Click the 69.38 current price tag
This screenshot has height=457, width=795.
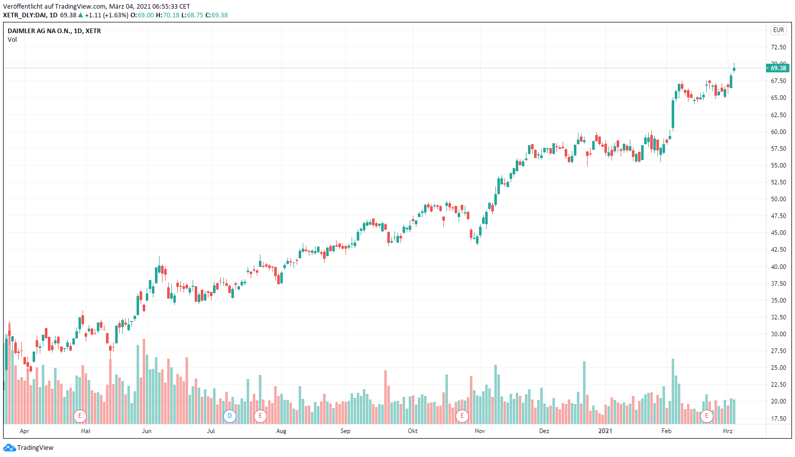[778, 68]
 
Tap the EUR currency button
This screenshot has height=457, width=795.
[778, 30]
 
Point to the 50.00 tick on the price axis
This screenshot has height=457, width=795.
[778, 199]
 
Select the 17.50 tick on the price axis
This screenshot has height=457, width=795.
[778, 419]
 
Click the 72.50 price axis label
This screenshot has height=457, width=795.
[778, 47]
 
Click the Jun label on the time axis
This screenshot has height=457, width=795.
[147, 431]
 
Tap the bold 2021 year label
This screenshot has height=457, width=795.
[605, 431]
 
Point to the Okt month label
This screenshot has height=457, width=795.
[413, 431]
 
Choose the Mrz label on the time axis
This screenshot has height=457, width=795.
[728, 431]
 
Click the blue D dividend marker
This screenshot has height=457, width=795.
[230, 416]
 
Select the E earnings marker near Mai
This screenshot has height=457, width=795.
[79, 416]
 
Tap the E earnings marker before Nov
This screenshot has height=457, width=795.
[462, 416]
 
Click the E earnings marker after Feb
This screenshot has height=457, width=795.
[706, 416]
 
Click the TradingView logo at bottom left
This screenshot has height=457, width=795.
[29, 448]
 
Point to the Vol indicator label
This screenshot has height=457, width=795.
[12, 40]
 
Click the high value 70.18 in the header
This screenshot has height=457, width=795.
[171, 15]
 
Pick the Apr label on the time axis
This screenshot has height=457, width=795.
[24, 431]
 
